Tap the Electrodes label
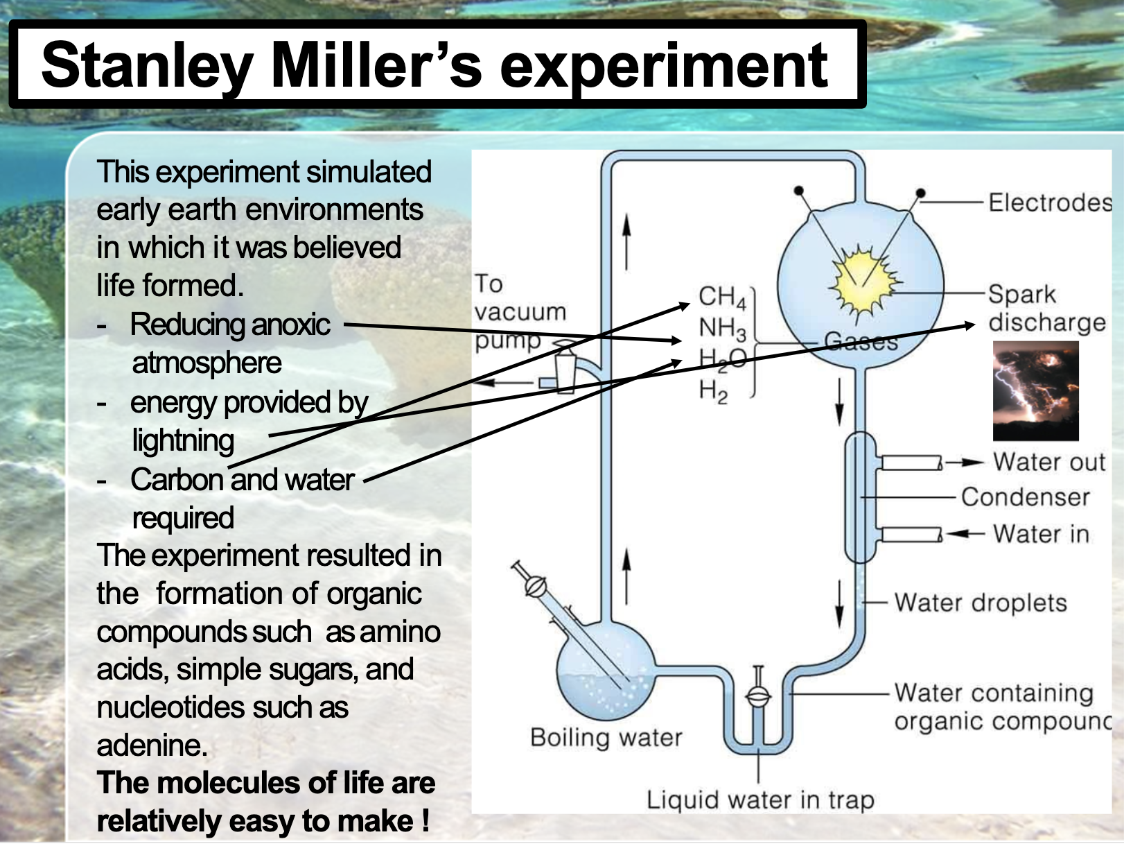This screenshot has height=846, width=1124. (x=1049, y=202)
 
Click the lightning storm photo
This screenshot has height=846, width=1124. (x=1035, y=391)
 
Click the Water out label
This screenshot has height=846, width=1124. (x=1048, y=462)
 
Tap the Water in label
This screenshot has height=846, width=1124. (x=1040, y=534)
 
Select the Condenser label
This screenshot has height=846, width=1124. (x=1025, y=497)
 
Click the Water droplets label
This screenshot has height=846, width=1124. (x=980, y=603)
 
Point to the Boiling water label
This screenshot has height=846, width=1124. (x=606, y=737)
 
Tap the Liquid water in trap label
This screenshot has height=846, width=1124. (x=759, y=800)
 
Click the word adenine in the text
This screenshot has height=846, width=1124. (x=152, y=745)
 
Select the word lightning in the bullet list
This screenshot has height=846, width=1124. (x=183, y=441)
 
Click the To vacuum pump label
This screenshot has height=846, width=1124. (x=519, y=312)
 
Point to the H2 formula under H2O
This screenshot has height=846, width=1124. (x=713, y=391)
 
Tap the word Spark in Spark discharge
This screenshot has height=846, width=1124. (x=1021, y=294)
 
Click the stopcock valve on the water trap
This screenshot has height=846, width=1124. (x=759, y=694)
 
